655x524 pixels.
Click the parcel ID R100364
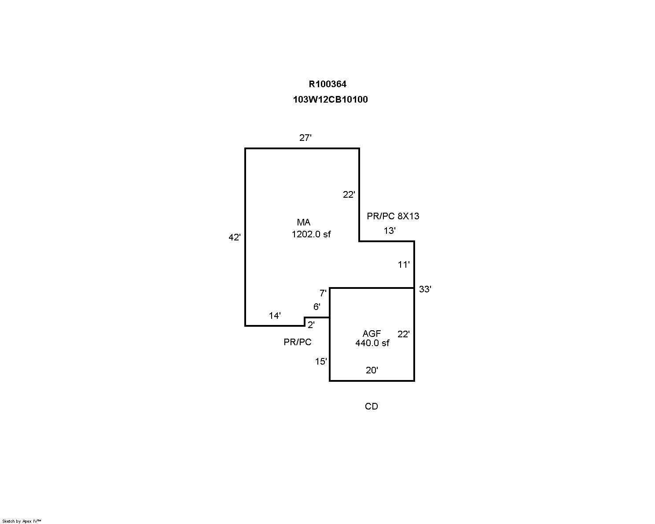click(327, 84)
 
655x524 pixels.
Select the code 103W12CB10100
click(330, 100)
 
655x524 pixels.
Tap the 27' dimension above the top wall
click(305, 138)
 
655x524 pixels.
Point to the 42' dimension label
click(234, 237)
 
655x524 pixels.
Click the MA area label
click(303, 222)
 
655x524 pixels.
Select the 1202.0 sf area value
click(311, 234)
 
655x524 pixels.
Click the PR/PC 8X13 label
click(393, 216)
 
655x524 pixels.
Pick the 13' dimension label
click(390, 231)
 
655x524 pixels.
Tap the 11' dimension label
click(404, 265)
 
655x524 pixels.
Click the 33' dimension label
click(425, 289)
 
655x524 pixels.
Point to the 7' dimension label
click(323, 293)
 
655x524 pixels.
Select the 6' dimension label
click(317, 306)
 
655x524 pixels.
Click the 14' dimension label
click(275, 316)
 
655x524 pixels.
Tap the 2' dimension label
click(311, 325)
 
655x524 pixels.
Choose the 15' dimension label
click(321, 362)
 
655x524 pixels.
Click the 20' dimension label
click(372, 370)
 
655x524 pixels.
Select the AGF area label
click(372, 334)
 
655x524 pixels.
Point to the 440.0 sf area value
click(372, 343)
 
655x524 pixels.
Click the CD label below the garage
click(372, 406)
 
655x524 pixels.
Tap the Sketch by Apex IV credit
click(22, 521)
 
